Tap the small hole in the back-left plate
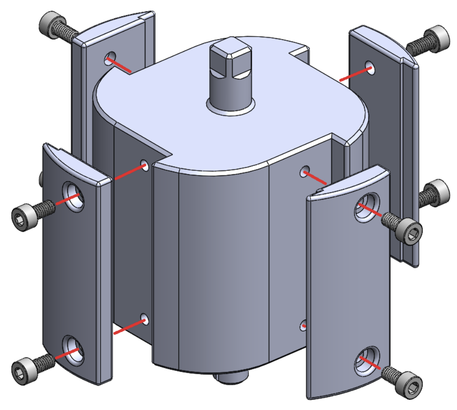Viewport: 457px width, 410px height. tap(109, 58)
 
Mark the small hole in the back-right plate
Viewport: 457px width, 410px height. tap(371, 68)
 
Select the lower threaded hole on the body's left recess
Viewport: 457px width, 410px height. tap(144, 319)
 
